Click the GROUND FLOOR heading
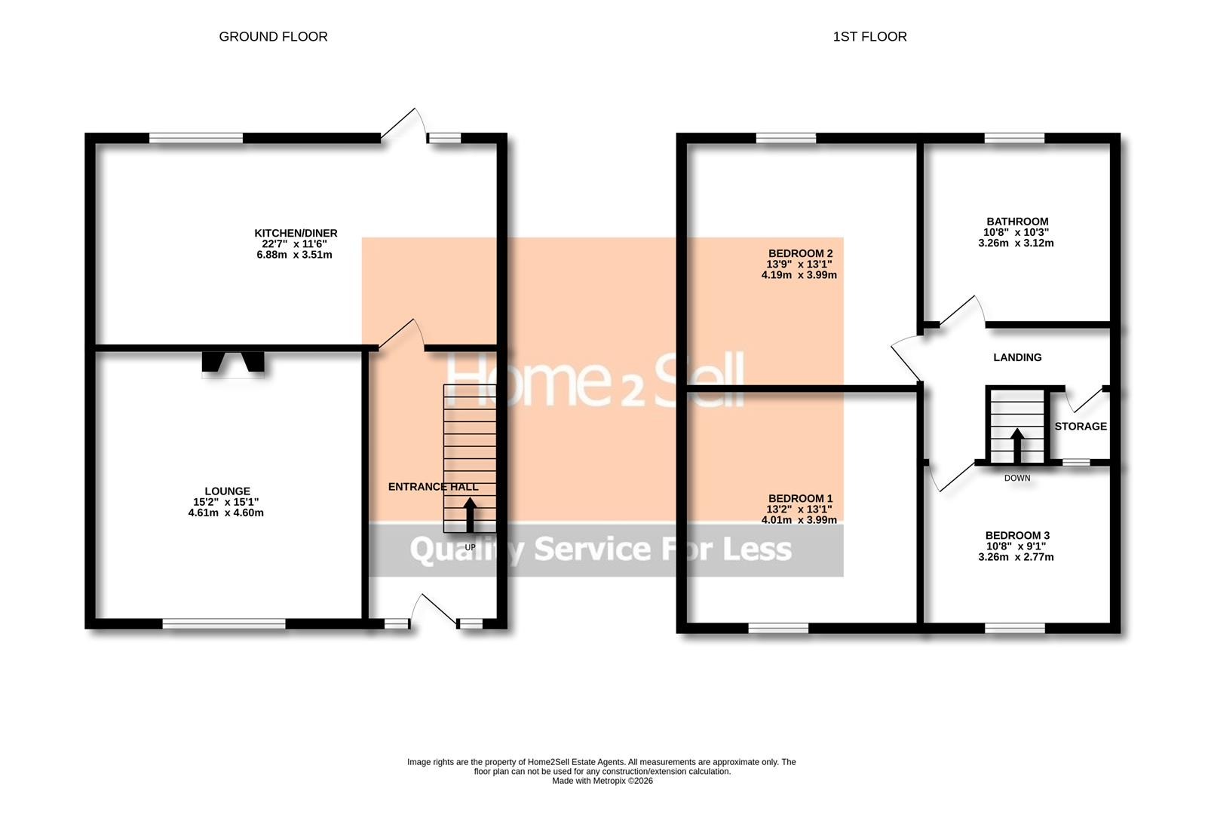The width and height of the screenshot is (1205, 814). [273, 36]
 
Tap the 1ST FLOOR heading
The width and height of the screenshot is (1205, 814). [869, 36]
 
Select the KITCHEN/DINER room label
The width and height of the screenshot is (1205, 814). [296, 233]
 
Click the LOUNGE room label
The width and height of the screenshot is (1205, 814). [226, 491]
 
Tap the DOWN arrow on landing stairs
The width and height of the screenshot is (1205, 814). [1016, 445]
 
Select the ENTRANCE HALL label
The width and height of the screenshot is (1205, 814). [433, 487]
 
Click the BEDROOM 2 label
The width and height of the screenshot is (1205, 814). [800, 253]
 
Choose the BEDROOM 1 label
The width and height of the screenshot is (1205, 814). [800, 498]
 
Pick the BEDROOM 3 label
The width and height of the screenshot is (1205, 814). [1016, 535]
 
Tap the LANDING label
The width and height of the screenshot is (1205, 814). [1017, 357]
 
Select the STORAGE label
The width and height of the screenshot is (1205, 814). [1080, 427]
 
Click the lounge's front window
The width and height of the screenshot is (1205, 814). [224, 623]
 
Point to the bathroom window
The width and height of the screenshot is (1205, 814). [1014, 138]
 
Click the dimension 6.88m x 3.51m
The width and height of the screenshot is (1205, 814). [294, 255]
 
